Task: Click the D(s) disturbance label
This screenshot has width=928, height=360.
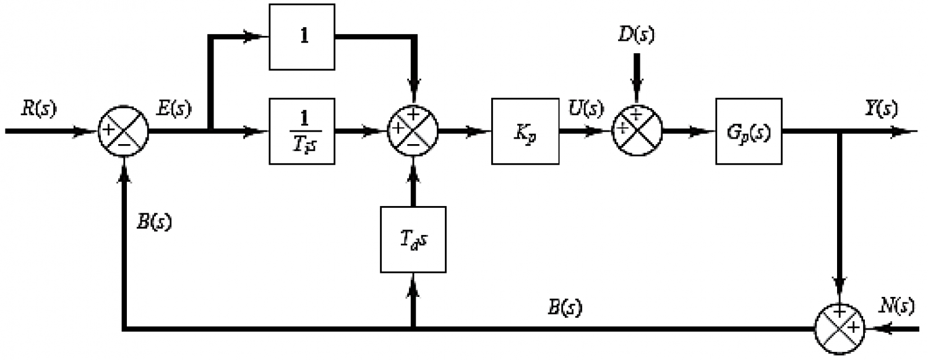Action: pos(637,35)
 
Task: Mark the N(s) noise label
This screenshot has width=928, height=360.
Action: pos(896,307)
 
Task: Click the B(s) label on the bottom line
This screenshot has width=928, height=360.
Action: pos(565,308)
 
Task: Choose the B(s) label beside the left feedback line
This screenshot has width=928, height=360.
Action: pos(154,223)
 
